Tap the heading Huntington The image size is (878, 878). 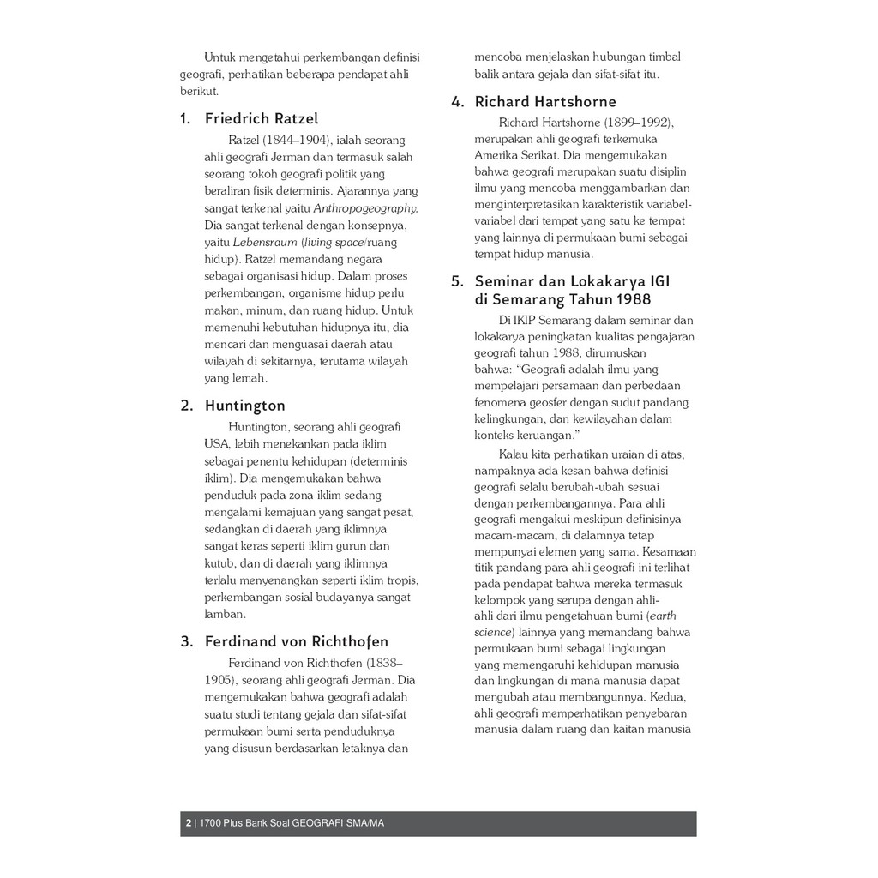click(244, 406)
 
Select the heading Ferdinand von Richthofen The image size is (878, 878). click(296, 641)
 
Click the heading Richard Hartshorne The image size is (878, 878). click(544, 102)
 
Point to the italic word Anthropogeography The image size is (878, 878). click(365, 208)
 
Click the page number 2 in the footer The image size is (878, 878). click(188, 824)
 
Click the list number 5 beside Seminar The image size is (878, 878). click(457, 281)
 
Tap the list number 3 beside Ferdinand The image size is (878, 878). click(184, 641)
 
